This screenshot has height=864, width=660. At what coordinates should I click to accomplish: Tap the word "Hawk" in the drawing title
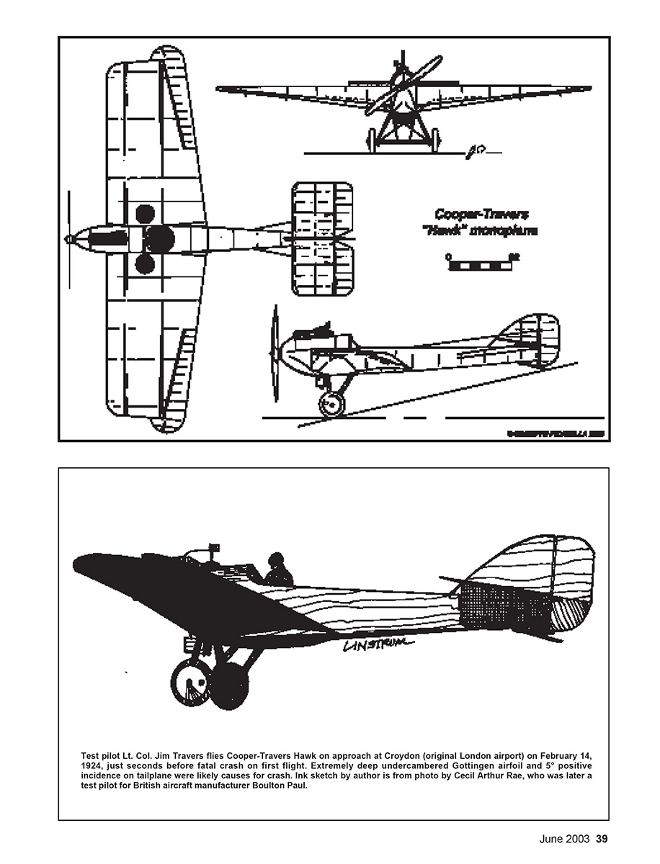[452, 231]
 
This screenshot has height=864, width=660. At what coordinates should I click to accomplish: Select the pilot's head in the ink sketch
[275, 560]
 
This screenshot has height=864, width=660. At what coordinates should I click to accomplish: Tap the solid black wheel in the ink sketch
[230, 685]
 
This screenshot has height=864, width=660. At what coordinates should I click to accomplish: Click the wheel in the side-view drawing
[331, 405]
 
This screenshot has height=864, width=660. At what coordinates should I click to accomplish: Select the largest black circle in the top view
[159, 238]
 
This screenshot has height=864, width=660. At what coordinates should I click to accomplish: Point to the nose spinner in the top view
[70, 239]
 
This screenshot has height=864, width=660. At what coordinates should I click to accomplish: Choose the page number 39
[602, 839]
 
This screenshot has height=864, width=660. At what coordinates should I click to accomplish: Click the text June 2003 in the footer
[566, 839]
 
